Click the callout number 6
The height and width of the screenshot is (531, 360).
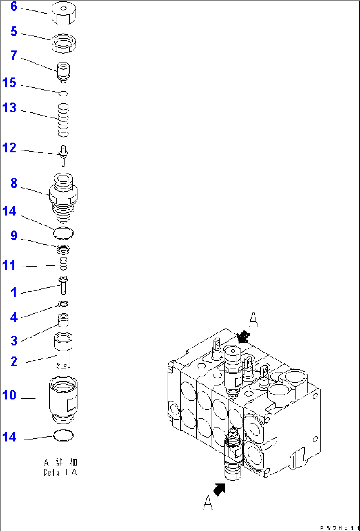[14, 7]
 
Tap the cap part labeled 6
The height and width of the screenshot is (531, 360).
[64, 13]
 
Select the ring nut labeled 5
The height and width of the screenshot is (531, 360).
[63, 43]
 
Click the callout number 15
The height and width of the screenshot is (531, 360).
[9, 83]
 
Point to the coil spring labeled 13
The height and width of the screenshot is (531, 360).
[63, 120]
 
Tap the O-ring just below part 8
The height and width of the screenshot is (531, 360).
[63, 233]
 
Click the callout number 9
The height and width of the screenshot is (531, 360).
[14, 236]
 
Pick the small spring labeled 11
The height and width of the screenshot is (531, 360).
[63, 263]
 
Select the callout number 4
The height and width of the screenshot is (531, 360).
[14, 317]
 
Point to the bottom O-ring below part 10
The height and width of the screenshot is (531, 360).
[63, 436]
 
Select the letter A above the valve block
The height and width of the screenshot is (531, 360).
[253, 319]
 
